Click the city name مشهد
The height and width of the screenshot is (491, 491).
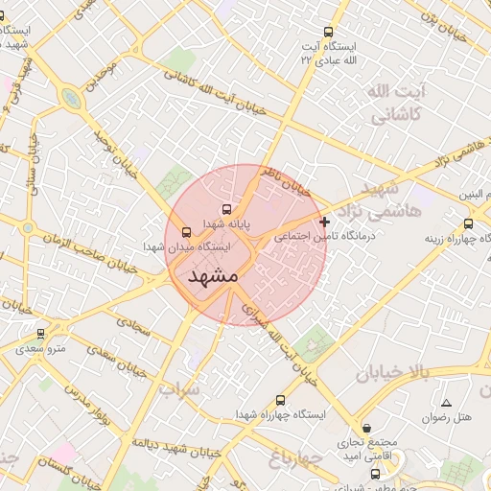pyautogui.click(x=214, y=276)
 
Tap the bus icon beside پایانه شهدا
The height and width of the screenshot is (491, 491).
pyautogui.click(x=227, y=209)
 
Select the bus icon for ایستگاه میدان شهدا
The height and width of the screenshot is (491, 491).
pyautogui.click(x=186, y=231)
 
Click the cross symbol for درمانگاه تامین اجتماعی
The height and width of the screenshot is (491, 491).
pyautogui.click(x=324, y=222)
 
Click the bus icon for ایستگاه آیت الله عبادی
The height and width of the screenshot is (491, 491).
pyautogui.click(x=330, y=32)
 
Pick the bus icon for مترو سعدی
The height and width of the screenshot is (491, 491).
pyautogui.click(x=40, y=334)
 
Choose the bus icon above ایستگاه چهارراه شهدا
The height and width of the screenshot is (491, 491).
pyautogui.click(x=280, y=400)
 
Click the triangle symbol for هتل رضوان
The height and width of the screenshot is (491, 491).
pyautogui.click(x=445, y=403)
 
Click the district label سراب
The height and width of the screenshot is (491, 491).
pyautogui.click(x=179, y=390)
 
